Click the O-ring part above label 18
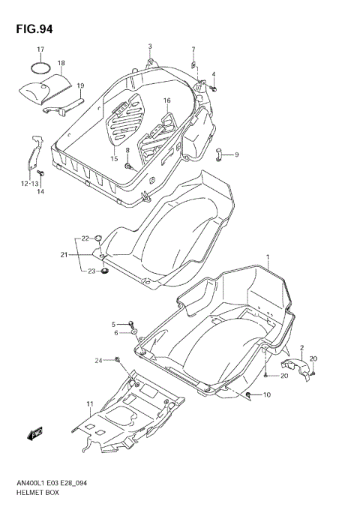click(x=40, y=68)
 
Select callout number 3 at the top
click(x=149, y=46)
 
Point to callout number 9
click(x=235, y=154)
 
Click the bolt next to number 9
click(x=220, y=155)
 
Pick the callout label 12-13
click(x=30, y=183)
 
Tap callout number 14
click(x=41, y=192)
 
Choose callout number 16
click(x=167, y=100)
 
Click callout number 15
click(x=114, y=158)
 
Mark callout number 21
click(x=64, y=255)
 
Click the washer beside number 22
click(x=98, y=239)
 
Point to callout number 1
click(x=266, y=256)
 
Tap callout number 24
click(x=97, y=361)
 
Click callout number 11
click(x=89, y=404)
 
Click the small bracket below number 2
click(x=293, y=366)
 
